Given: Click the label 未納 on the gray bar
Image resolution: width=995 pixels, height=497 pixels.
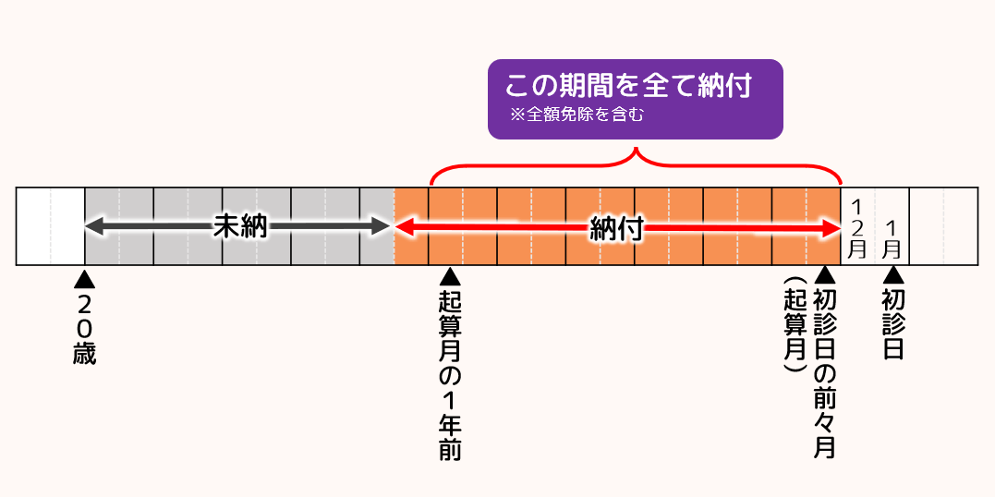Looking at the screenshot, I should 239,227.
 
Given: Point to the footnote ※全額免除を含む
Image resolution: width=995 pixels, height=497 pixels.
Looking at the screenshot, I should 576,115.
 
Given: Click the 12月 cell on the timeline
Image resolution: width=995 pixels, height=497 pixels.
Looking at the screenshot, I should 857,227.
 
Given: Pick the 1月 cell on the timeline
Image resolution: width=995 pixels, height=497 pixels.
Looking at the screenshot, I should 892,237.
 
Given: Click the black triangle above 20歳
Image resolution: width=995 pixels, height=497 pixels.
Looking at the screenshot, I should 84,278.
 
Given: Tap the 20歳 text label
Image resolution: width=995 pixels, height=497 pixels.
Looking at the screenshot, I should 84,328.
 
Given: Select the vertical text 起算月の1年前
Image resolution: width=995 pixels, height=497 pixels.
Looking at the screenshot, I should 450,374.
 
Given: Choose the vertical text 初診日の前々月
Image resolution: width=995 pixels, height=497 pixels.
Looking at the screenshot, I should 825,373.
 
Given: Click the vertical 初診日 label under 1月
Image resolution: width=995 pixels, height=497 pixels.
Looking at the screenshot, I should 892,323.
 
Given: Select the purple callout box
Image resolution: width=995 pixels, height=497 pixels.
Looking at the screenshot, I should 636,99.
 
